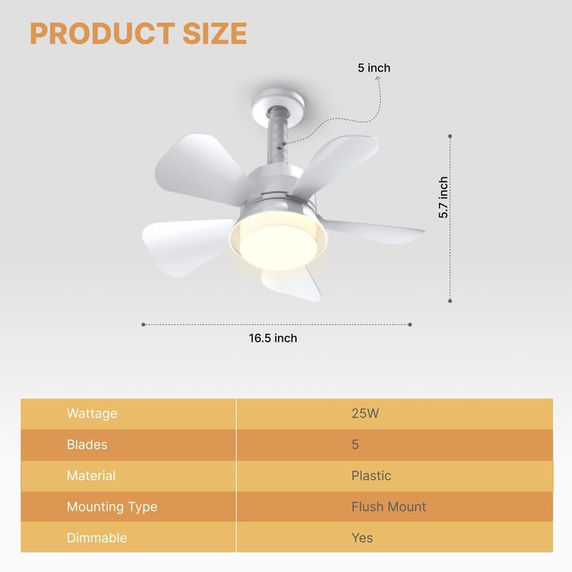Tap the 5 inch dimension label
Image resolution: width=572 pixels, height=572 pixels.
(x=374, y=68)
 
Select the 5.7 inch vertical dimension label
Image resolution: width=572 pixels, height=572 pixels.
(x=443, y=198)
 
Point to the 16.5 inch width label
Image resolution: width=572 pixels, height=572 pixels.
(x=273, y=338)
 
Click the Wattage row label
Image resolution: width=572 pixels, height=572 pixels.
(x=92, y=414)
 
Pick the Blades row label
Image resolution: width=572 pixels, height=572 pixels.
(x=87, y=445)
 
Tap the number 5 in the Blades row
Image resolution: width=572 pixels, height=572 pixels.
(x=355, y=445)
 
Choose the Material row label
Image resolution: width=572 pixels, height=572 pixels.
(x=91, y=475)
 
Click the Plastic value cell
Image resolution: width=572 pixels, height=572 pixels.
(x=371, y=475)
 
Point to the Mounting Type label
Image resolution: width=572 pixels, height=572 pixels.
(x=112, y=507)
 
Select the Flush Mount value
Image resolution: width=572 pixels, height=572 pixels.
(x=388, y=507)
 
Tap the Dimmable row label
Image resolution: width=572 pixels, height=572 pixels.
(x=97, y=538)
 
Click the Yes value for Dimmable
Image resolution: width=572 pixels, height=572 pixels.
(x=363, y=538)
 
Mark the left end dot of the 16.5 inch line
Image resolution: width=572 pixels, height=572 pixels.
(x=144, y=325)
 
